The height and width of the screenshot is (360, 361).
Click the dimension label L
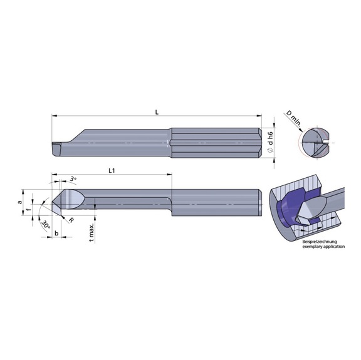(157, 111)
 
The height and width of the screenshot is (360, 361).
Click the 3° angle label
(74, 179)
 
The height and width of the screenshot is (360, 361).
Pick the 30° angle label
(46, 224)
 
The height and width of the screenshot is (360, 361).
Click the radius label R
(72, 220)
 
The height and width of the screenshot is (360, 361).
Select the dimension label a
(20, 202)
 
